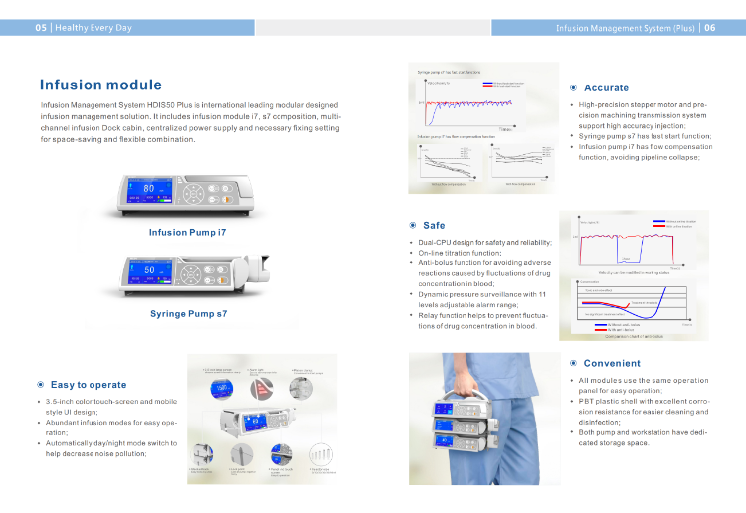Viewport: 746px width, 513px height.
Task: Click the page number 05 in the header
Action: (41, 28)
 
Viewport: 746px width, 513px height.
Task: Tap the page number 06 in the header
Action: (709, 28)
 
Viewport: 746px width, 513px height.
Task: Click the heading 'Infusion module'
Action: (100, 85)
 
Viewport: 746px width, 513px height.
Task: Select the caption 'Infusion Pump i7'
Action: (187, 232)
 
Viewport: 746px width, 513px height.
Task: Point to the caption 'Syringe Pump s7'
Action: (188, 314)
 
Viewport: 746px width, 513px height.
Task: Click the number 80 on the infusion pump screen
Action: (149, 187)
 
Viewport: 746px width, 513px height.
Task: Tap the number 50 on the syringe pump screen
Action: (150, 270)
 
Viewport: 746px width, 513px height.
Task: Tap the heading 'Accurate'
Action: (606, 88)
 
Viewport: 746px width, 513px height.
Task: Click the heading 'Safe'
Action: (434, 226)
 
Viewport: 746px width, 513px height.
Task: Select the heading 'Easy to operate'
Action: (89, 385)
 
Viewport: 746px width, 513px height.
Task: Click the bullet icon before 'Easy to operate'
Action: (40, 385)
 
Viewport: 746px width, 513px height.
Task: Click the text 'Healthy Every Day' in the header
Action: (93, 28)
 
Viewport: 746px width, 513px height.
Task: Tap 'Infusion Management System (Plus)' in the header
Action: (626, 28)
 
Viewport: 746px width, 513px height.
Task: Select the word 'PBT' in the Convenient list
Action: (587, 401)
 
